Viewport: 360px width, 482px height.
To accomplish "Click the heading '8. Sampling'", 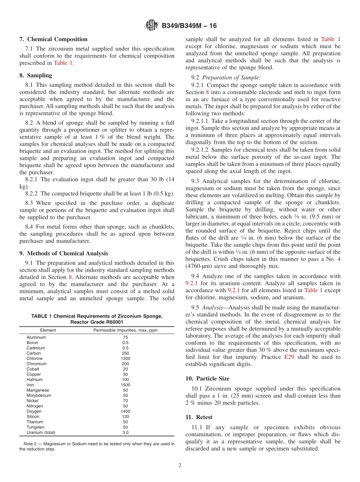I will (36, 75).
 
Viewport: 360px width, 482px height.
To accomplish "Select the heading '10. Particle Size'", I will (207, 378).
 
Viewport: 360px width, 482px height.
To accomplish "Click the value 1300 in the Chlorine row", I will (125, 358).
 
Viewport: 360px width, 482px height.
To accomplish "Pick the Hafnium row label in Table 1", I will (34, 379).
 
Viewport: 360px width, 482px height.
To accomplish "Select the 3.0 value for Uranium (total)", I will (125, 432).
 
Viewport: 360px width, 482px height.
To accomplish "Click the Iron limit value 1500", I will (125, 385).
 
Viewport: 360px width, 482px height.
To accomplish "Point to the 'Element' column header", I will (48, 330).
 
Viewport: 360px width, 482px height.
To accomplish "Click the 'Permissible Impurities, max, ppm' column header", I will (125, 330).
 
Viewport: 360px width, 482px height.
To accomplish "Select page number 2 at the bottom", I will (180, 465).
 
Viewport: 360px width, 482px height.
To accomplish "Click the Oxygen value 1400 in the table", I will (125, 411).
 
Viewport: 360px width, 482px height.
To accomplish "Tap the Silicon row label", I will (33, 416).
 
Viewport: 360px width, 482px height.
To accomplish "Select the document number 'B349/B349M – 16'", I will (189, 26).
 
